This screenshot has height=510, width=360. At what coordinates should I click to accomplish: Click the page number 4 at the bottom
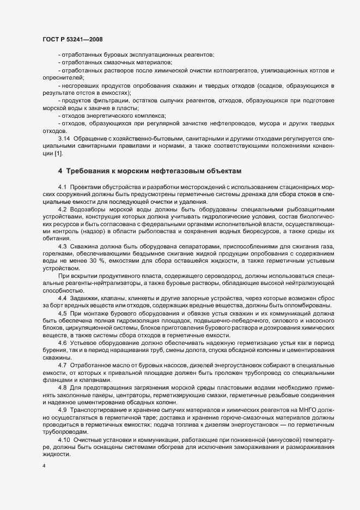pos(44,466)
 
